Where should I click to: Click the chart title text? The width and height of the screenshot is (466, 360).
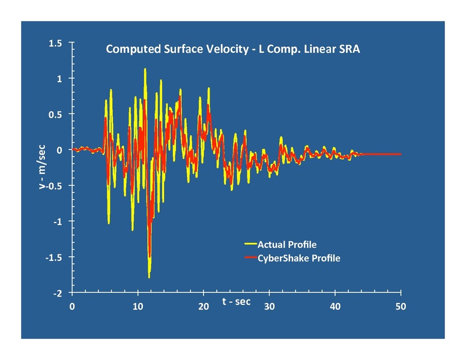233,49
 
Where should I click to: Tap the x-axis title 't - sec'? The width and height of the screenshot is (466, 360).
237,301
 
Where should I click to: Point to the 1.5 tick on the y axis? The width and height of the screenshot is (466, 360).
56,43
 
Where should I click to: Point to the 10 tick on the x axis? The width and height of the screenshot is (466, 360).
138,307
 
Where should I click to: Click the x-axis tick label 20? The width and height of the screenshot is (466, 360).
204,307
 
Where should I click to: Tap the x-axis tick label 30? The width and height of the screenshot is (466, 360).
270,307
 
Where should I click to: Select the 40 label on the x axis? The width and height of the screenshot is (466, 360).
335,307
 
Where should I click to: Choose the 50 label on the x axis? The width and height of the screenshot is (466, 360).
401,307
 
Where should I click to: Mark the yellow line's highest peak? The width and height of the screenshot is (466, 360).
145,69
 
